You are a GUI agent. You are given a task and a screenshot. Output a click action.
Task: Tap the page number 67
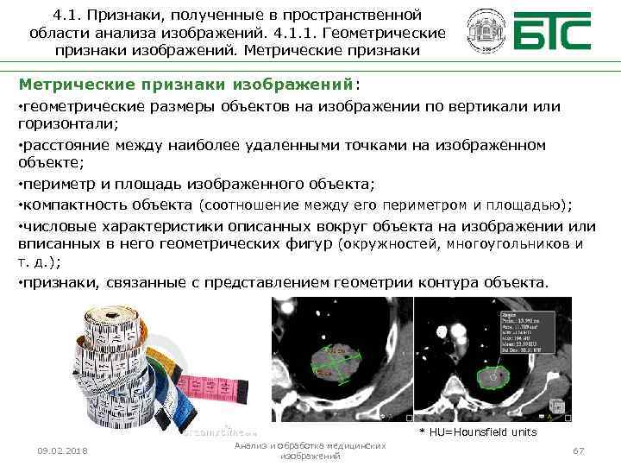click(x=579, y=451)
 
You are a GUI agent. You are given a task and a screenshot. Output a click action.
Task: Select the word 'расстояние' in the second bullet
click(x=60, y=145)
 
